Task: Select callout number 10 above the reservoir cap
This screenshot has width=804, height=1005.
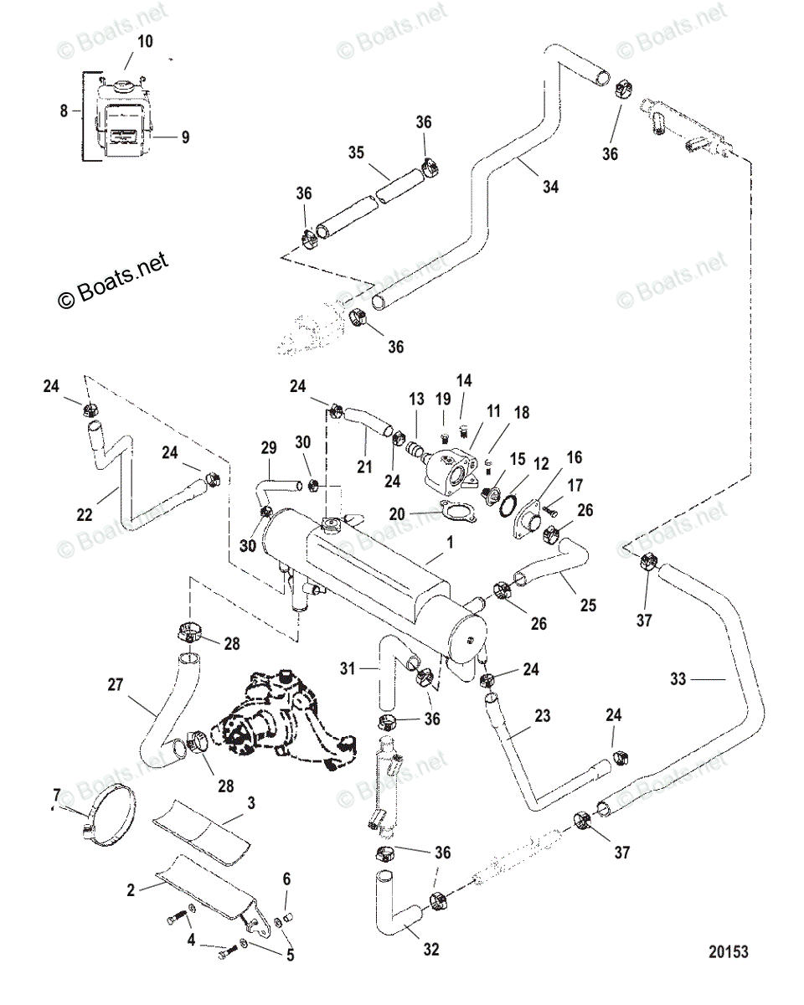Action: (x=146, y=41)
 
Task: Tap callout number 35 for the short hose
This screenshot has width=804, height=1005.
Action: (x=357, y=152)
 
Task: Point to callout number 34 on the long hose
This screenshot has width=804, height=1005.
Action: (x=549, y=188)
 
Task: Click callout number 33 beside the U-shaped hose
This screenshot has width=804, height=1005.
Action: (x=679, y=679)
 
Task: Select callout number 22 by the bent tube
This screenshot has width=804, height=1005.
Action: (x=85, y=515)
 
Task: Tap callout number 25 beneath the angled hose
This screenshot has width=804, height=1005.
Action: (x=589, y=605)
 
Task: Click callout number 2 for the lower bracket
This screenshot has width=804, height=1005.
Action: (x=131, y=890)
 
